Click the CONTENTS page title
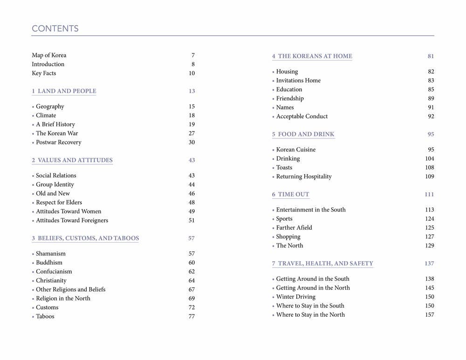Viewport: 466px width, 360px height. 55,29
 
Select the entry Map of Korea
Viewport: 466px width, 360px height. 49,55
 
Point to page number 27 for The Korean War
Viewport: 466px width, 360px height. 192,134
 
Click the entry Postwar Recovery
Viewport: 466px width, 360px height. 58,143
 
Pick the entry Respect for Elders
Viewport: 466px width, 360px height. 59,203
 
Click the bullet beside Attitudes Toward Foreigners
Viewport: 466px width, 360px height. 33,221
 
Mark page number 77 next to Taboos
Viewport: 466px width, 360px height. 192,317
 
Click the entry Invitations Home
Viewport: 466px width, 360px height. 298,81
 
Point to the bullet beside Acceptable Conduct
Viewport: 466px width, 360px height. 274,117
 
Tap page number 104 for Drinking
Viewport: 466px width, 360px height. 429,159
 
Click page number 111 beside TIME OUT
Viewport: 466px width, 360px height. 429,195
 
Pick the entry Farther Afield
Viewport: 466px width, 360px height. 294,228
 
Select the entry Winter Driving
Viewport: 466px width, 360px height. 295,297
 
